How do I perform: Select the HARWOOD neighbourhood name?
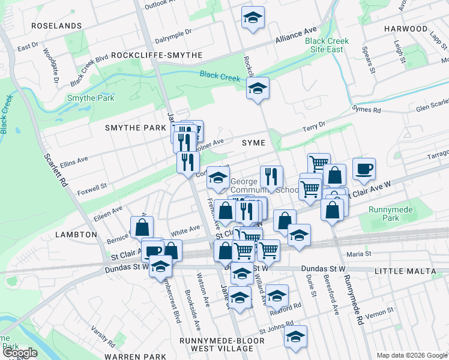pyautogui.click(x=406, y=28)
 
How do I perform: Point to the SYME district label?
pyautogui.click(x=253, y=142)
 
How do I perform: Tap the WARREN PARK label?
pyautogui.click(x=134, y=356)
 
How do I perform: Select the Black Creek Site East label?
pyautogui.click(x=327, y=45)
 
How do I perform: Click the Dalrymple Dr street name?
pyautogui.click(x=172, y=36)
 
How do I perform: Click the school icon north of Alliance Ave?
pyautogui.click(x=253, y=19)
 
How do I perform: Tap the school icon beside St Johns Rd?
pyautogui.click(x=295, y=337)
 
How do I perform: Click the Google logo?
pyautogui.click(x=20, y=353)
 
